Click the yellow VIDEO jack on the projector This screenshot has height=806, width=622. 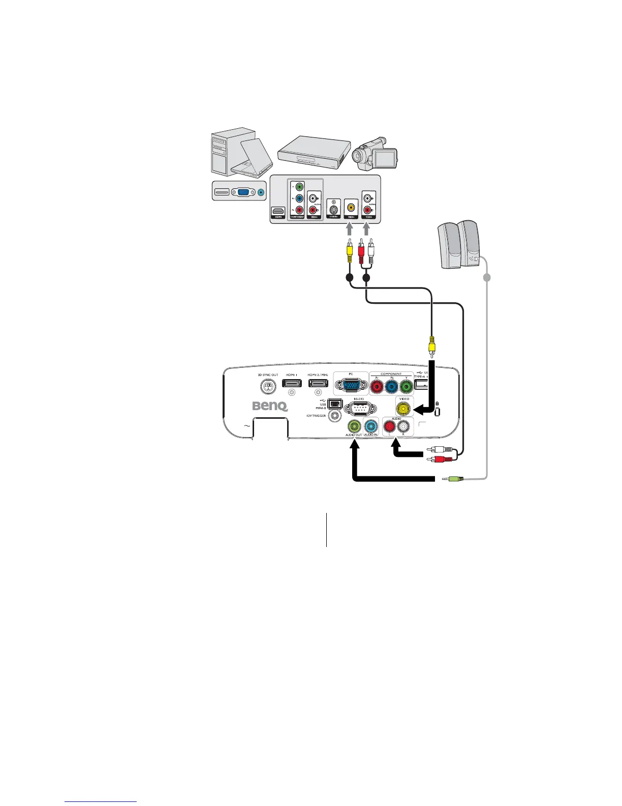pyautogui.click(x=404, y=408)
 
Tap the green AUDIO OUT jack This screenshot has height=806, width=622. pyautogui.click(x=354, y=426)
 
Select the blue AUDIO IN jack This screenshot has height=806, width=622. pyautogui.click(x=371, y=426)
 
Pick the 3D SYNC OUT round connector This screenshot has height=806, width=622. pyautogui.click(x=267, y=387)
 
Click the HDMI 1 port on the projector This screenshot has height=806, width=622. pyautogui.click(x=292, y=383)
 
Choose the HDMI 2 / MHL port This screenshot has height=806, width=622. pyautogui.click(x=318, y=383)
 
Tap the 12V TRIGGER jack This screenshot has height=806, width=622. pyautogui.click(x=335, y=416)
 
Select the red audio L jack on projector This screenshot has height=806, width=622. pyautogui.click(x=390, y=426)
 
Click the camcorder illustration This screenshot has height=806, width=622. pyautogui.click(x=377, y=152)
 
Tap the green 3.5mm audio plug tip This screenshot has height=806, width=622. pyautogui.click(x=446, y=478)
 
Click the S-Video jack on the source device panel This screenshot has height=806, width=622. pyautogui.click(x=333, y=208)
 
